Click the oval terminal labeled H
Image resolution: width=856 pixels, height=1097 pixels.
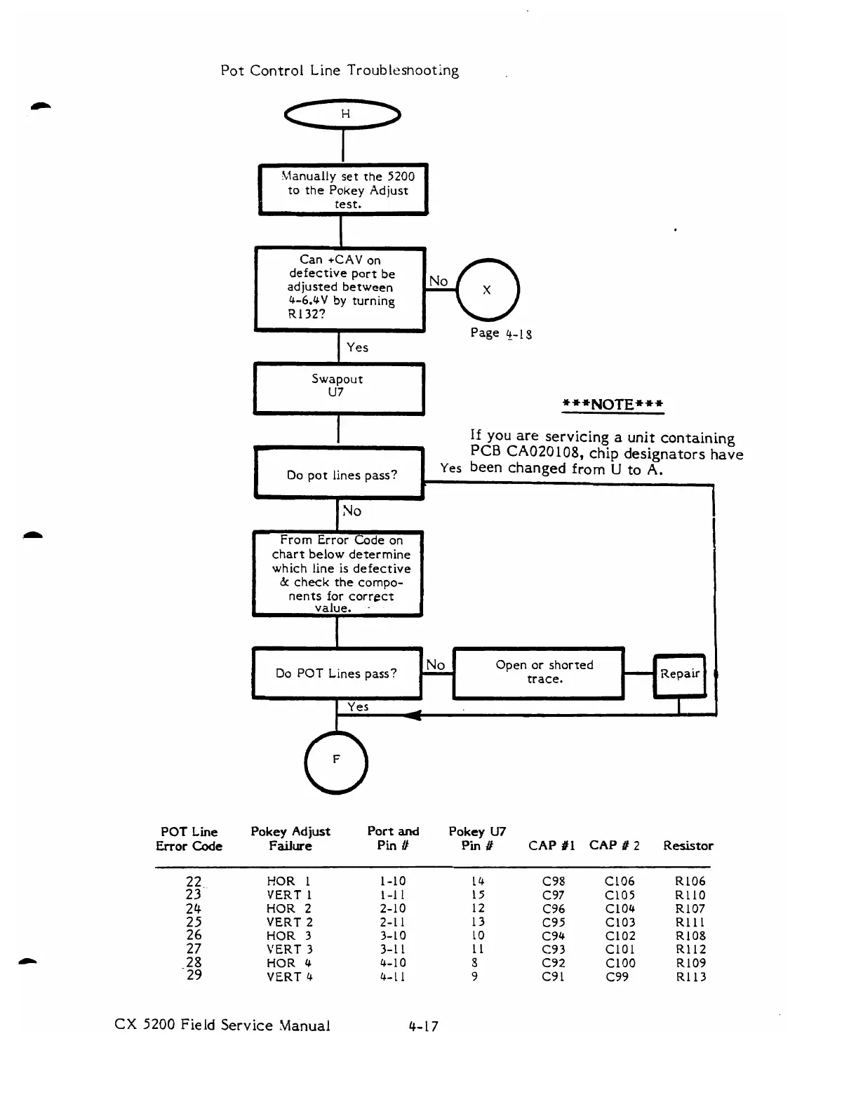click(x=342, y=114)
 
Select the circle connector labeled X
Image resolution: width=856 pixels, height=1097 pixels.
click(x=487, y=290)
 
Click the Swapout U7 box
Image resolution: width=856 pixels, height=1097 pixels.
click(x=338, y=388)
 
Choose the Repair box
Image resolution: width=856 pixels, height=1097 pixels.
click(x=679, y=674)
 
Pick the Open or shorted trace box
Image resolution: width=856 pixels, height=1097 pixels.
click(x=538, y=673)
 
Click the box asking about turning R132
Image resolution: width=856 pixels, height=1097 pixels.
click(x=340, y=288)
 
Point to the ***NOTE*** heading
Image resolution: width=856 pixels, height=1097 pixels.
click(x=613, y=405)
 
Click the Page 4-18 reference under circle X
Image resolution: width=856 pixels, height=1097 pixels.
click(x=501, y=333)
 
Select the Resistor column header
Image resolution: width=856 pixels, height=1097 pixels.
click(x=688, y=846)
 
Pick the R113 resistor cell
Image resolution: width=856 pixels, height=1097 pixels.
click(x=690, y=977)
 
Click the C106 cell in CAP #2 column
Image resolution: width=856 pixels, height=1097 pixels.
click(x=620, y=882)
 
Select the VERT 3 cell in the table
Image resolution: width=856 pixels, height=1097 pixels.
click(x=290, y=950)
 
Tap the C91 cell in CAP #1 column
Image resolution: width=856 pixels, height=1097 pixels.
click(x=553, y=977)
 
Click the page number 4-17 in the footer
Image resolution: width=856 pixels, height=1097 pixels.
click(x=424, y=1026)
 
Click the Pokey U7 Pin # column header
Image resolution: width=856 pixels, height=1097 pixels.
click(x=477, y=839)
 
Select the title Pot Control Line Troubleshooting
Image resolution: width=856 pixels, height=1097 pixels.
click(x=340, y=71)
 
